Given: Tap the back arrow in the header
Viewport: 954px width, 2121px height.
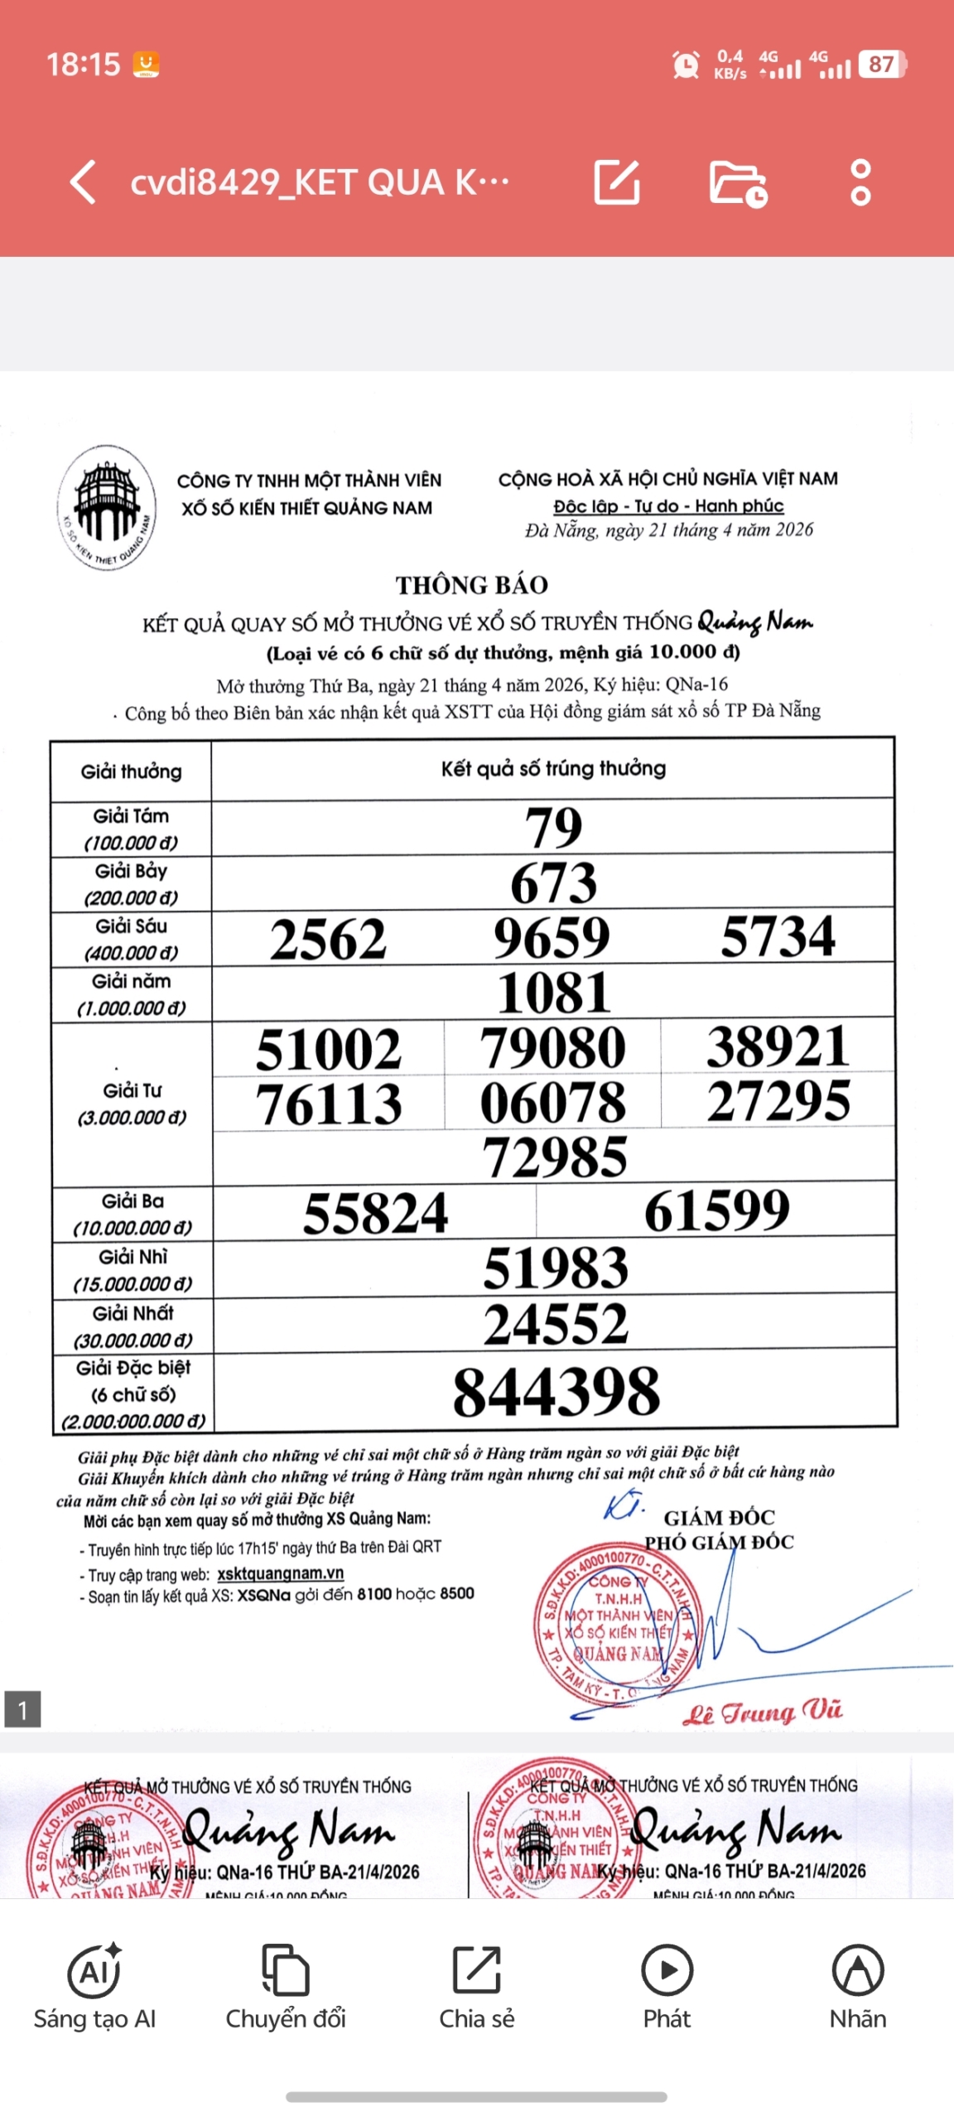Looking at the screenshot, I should point(84,181).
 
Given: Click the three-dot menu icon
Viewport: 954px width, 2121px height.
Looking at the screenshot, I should point(860,181).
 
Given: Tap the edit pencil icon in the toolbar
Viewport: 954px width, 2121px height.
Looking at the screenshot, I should point(617,181).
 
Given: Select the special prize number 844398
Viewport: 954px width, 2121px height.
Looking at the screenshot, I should point(556,1391).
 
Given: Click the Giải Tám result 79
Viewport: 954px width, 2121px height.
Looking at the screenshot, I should point(553,827).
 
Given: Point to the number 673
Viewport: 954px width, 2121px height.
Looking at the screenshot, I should point(553,882).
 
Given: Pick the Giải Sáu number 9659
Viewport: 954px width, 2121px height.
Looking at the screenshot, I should point(552,937).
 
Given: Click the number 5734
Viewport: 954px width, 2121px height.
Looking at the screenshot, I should point(778,936).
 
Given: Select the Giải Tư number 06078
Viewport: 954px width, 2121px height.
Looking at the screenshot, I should point(552,1102).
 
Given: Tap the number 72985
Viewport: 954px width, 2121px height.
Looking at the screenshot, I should point(554,1157).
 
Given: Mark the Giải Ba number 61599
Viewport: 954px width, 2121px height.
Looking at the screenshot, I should point(716,1211).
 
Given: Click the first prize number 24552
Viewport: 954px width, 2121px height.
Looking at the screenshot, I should point(556,1323).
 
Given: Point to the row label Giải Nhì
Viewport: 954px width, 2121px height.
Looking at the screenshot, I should point(132,1257).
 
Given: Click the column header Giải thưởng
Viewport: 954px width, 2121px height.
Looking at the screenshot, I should point(131,771).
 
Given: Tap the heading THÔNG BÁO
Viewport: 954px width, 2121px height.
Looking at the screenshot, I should point(471,585).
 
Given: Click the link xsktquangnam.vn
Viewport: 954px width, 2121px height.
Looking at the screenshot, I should point(280,1573).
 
